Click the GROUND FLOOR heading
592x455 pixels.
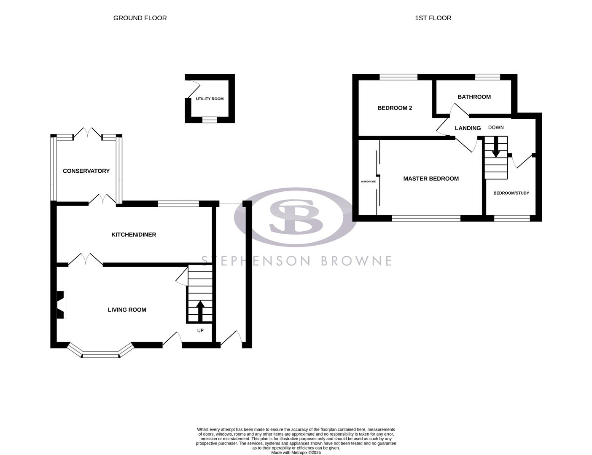click(140, 18)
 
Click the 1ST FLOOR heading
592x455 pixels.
click(433, 18)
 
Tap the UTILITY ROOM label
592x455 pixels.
click(210, 99)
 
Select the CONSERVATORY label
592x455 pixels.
click(86, 171)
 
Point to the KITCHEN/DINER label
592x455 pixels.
click(134, 235)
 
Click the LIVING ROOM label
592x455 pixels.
click(127, 310)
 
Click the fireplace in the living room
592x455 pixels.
click(61, 305)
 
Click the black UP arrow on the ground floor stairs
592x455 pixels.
click(200, 311)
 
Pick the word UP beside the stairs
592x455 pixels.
click(200, 331)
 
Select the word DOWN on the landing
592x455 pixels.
click(496, 128)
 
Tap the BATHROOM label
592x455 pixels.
click(474, 97)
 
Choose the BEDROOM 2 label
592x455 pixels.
click(395, 108)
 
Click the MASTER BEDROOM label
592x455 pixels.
click(431, 179)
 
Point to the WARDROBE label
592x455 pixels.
click(368, 182)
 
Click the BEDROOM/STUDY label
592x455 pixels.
click(511, 193)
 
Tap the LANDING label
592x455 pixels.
click(468, 128)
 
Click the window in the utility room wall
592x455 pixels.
click(210, 120)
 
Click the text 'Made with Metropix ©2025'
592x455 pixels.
click(296, 452)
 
